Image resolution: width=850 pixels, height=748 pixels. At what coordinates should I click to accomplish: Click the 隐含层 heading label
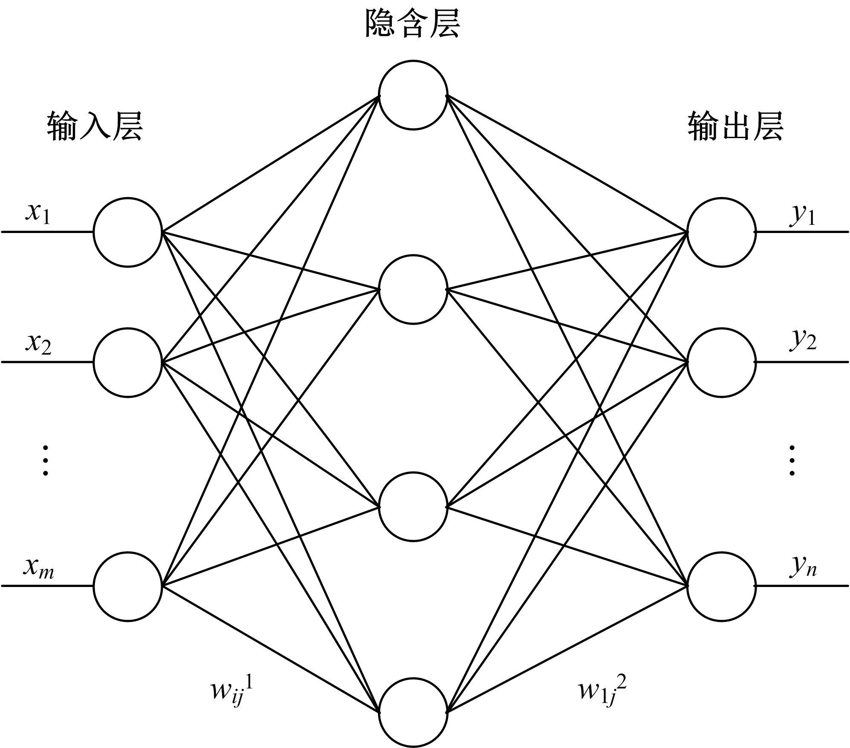pos(412,24)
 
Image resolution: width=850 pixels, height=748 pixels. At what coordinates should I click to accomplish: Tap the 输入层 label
pos(95,127)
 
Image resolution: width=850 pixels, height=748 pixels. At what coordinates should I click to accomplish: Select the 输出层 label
pos(735,127)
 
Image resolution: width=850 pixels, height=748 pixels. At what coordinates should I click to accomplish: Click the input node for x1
pos(128,233)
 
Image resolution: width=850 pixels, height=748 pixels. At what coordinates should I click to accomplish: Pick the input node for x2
pos(128,362)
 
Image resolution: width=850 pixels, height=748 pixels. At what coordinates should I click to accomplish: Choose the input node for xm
pos(128,586)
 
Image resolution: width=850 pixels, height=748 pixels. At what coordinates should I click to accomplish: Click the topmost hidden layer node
pos(413,95)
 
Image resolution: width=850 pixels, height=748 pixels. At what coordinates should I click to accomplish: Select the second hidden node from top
pos(413,290)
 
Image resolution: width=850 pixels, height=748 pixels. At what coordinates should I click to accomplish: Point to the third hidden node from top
pos(413,506)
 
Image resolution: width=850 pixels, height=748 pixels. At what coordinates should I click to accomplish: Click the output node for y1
pos(721,233)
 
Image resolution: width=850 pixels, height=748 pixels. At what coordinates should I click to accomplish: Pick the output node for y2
pos(721,362)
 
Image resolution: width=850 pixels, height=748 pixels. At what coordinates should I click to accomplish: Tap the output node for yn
pos(721,586)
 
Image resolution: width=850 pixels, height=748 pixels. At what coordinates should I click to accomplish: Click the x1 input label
pos(38,213)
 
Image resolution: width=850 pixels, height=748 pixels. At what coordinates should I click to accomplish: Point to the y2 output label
pos(803,341)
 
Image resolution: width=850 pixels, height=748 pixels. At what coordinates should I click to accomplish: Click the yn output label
pos(803,568)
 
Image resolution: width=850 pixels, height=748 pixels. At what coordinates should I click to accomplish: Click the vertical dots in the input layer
pos(46,460)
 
